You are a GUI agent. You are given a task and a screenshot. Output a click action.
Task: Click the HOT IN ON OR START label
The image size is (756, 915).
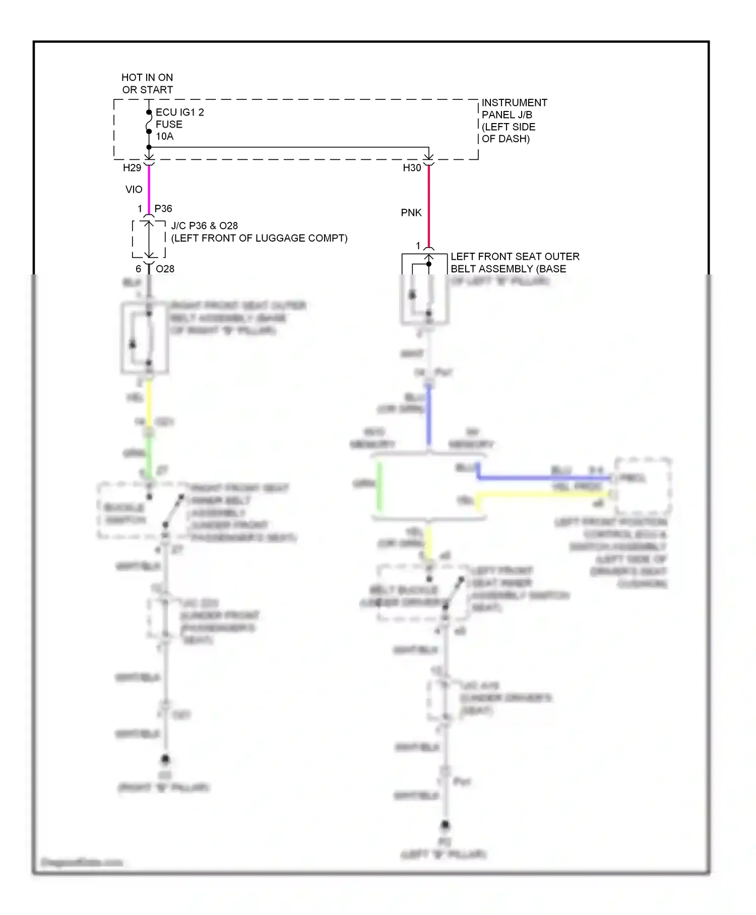[147, 84]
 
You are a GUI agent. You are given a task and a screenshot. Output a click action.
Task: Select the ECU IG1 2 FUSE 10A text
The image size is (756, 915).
[179, 124]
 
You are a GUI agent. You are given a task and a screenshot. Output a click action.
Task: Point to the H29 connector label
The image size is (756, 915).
[132, 168]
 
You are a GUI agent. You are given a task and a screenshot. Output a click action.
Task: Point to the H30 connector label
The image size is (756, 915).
[412, 168]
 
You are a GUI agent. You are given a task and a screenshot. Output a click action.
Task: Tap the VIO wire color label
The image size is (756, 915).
[134, 190]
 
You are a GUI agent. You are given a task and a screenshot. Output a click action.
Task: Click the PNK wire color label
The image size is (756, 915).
[411, 213]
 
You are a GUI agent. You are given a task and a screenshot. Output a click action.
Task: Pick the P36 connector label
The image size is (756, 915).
[163, 209]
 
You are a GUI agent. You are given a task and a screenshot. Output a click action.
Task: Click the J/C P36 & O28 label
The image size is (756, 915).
[259, 232]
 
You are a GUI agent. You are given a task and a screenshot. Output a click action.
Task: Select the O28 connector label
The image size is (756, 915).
[165, 269]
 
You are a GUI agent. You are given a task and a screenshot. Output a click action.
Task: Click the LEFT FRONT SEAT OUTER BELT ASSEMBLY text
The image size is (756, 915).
[514, 263]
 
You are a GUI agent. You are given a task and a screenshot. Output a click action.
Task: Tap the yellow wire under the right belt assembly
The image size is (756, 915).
[149, 401]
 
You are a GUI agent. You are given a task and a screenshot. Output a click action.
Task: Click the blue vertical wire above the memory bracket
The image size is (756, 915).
[429, 419]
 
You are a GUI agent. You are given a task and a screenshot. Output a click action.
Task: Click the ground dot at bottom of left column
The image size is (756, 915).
[165, 759]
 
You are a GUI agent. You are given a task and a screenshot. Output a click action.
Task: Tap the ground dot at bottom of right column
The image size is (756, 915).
[445, 825]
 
